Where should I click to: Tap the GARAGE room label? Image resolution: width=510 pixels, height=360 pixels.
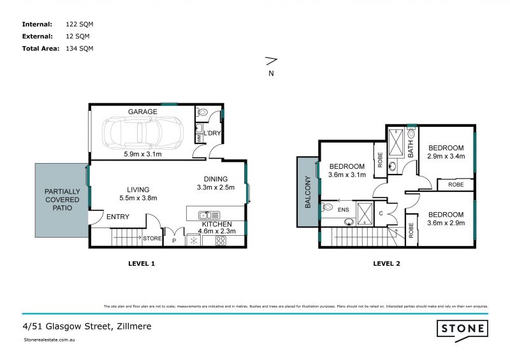point(143,112)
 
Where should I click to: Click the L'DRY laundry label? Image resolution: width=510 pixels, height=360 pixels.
point(212,133)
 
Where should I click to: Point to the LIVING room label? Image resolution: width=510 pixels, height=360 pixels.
point(138,189)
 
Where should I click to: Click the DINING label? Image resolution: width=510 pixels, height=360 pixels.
point(215,179)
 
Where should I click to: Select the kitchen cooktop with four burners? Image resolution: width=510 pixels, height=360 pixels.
point(221,241)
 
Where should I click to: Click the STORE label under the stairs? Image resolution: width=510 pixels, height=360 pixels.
point(152,239)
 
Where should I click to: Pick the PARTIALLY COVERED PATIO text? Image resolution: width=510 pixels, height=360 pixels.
point(61,199)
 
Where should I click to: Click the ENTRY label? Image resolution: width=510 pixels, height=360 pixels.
point(118,217)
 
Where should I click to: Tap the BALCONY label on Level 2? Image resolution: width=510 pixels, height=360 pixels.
point(307,191)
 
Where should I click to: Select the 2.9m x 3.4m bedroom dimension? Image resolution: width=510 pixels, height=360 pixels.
point(446,155)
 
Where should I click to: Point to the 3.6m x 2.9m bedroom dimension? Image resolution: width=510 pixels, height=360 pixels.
point(446,223)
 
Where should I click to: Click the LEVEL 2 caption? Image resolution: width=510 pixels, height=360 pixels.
point(386,263)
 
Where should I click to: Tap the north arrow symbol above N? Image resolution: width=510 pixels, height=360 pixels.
point(271,61)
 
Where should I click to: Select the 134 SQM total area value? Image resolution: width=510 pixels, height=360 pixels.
point(80,48)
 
